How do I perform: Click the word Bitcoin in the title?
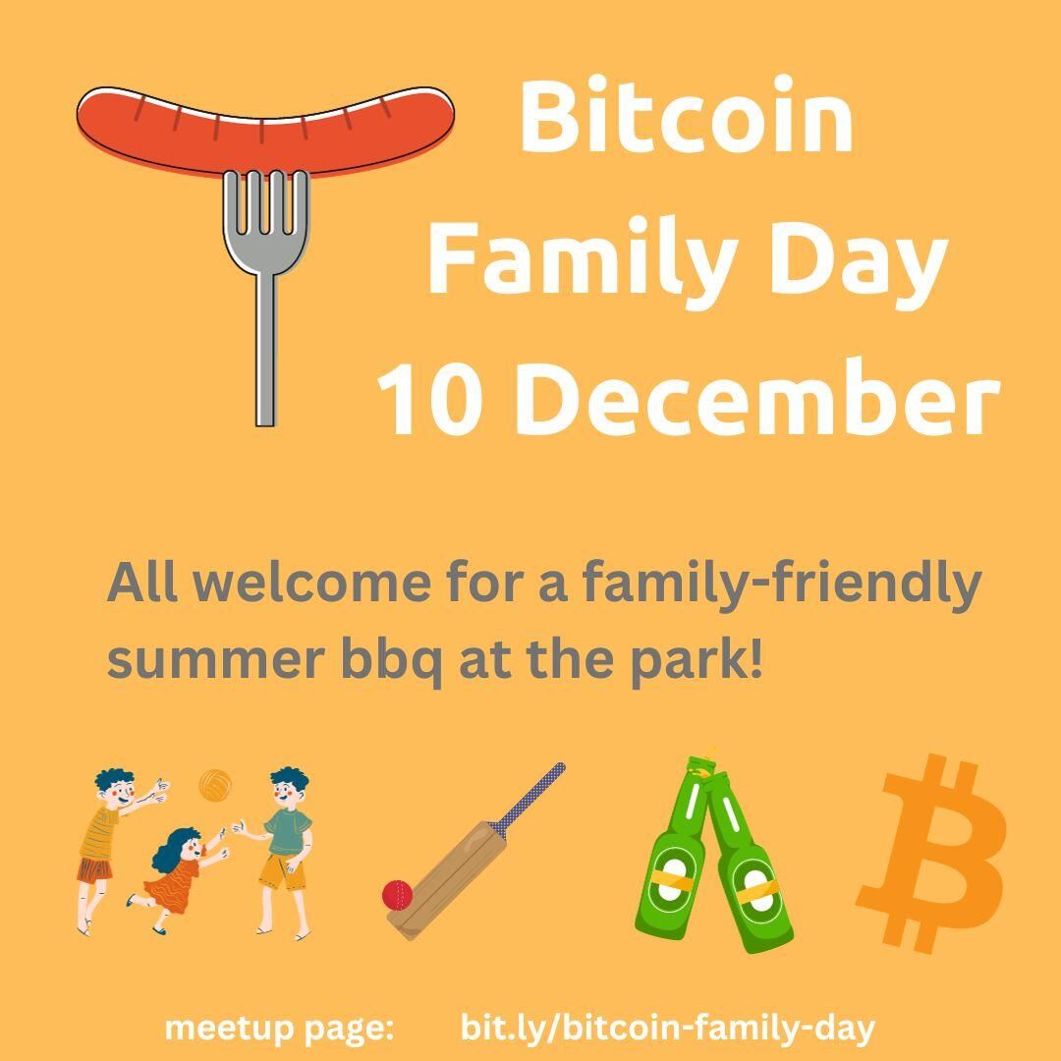click(x=686, y=115)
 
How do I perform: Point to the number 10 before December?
click(x=430, y=398)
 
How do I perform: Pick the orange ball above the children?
click(x=215, y=785)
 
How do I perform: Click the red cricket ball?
click(x=397, y=895)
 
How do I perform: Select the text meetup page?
click(x=279, y=1030)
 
